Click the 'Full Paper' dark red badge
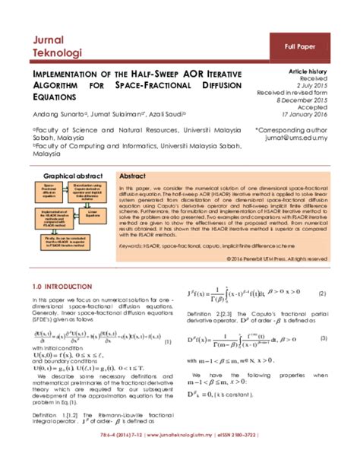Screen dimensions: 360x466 pyautogui.click(x=302, y=47)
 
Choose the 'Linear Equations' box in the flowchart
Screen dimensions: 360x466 pyautogui.click(x=95, y=214)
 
